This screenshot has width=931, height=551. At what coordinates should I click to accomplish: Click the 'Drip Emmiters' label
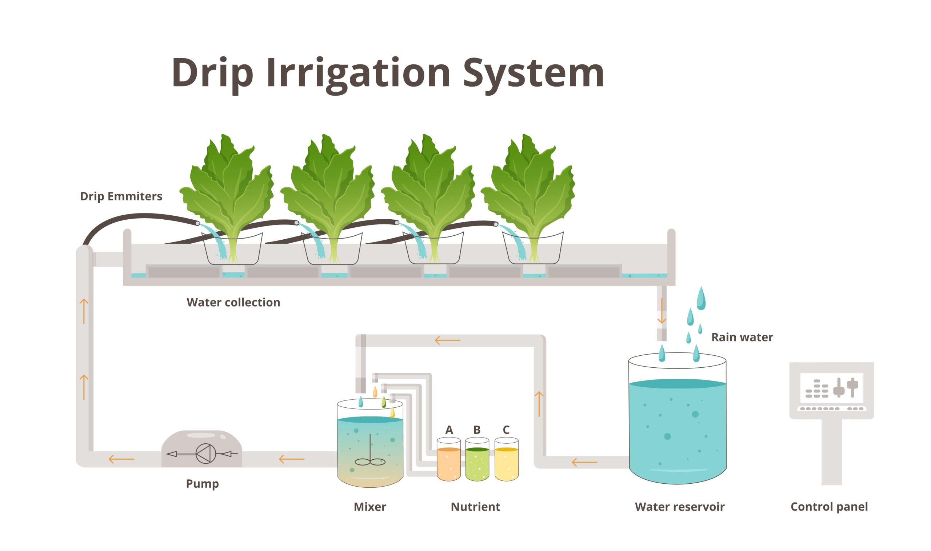coord(121,196)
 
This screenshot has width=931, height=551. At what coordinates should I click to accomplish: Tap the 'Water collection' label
coord(233,302)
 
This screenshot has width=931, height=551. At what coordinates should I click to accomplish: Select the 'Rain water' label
coord(742,337)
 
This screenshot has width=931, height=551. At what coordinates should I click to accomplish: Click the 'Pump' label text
coord(202,483)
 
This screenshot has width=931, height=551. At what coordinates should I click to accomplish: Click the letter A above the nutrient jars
coord(449,430)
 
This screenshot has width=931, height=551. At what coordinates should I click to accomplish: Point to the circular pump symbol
coord(205,454)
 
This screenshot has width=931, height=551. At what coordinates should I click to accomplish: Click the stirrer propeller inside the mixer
coord(370,462)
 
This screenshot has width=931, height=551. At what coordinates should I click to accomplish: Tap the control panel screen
coord(831,388)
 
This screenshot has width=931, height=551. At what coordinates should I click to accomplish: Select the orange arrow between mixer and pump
coord(291,459)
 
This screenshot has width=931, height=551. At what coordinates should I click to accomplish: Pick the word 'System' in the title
coord(534,73)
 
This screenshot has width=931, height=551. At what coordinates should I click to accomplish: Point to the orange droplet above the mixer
coord(375,391)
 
